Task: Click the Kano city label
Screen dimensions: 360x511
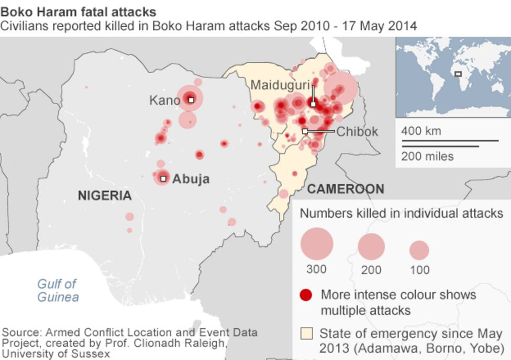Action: [164, 99]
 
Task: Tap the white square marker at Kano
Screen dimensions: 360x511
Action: [191, 99]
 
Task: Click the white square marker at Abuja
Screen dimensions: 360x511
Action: [163, 178]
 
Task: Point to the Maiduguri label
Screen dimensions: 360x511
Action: [280, 85]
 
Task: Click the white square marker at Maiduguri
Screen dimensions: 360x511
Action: [313, 104]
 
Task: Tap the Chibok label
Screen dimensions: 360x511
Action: [357, 131]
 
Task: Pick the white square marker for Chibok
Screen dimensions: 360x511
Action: [305, 131]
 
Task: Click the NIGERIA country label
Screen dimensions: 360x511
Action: [105, 196]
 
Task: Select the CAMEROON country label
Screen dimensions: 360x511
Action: [345, 189]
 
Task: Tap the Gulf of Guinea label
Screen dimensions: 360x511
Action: [57, 290]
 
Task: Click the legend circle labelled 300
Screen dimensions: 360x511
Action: [317, 243]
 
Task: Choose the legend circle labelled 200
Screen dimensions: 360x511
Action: [371, 246]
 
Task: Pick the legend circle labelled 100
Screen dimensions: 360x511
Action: [419, 250]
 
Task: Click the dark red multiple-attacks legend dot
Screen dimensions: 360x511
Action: [306, 295]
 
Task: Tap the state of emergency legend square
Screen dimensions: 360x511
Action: [307, 334]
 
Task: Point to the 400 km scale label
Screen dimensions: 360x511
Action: [421, 131]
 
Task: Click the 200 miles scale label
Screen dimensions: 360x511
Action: [427, 156]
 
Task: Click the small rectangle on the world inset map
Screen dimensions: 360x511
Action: [458, 74]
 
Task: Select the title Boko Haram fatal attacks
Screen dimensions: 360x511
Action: [78, 11]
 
